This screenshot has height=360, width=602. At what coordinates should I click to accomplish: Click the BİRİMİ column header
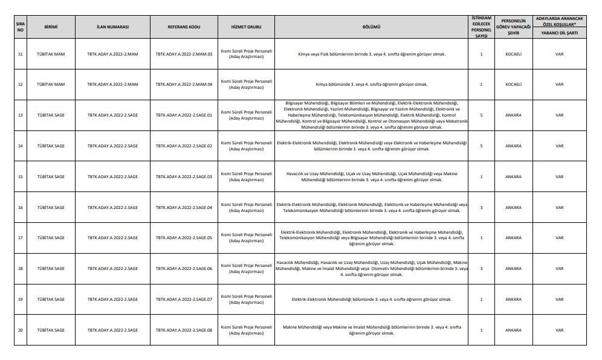tap(51, 27)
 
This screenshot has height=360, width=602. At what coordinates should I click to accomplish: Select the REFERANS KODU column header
tap(184, 27)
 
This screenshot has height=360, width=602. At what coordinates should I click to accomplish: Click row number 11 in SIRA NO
tap(21, 54)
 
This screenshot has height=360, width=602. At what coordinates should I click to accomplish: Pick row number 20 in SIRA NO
tap(21, 330)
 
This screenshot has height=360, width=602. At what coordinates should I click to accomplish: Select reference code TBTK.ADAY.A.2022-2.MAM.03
tap(184, 54)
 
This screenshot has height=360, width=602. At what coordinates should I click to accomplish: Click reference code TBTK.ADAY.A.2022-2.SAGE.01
tap(184, 115)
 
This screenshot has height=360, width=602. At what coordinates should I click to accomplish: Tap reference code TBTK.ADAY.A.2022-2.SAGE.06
tap(184, 268)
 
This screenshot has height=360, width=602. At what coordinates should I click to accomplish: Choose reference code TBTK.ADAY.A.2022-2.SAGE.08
tap(184, 330)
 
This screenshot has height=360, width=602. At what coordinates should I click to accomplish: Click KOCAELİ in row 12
tap(513, 84)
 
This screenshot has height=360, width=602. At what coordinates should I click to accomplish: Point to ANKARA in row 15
tap(513, 177)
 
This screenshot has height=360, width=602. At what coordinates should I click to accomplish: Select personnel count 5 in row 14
tap(481, 146)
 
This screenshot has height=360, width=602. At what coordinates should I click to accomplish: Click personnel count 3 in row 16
tap(481, 207)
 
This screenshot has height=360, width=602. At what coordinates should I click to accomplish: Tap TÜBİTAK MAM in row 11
tap(51, 54)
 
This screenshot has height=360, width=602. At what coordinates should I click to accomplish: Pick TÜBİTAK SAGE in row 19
tap(51, 299)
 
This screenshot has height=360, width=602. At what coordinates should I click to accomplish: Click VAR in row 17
tap(559, 238)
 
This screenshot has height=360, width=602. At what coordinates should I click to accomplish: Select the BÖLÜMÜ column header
tap(371, 27)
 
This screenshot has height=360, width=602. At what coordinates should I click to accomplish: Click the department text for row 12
tap(371, 84)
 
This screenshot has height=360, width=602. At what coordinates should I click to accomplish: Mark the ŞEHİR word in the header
tap(513, 34)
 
